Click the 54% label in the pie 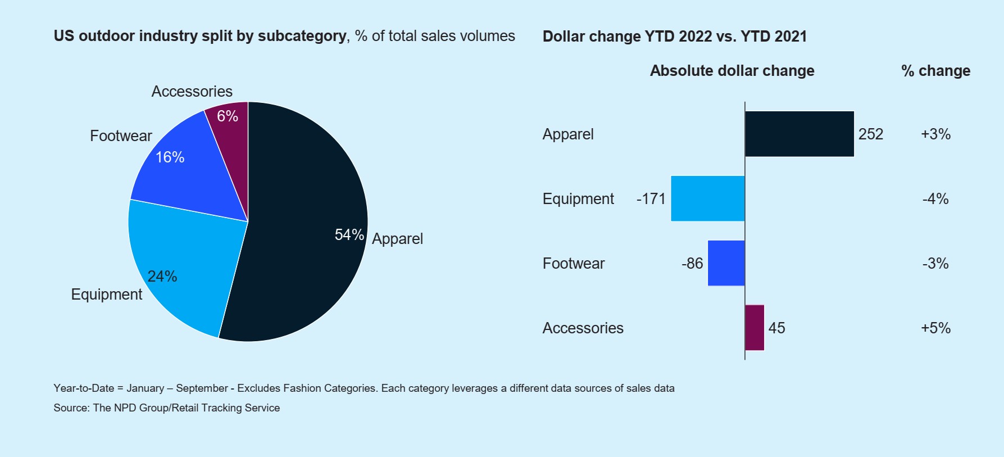click(x=349, y=235)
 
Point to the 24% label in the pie click(x=162, y=277)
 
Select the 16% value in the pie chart click(x=170, y=157)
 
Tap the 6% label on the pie click(x=228, y=116)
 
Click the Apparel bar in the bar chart click(x=799, y=134)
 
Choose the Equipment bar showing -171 click(x=707, y=198)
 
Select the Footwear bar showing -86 click(x=726, y=263)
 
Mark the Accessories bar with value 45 click(x=755, y=328)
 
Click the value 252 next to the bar click(x=871, y=134)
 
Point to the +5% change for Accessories click(x=935, y=328)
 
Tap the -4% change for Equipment click(x=935, y=199)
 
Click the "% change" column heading click(x=935, y=71)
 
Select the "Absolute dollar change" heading click(x=732, y=71)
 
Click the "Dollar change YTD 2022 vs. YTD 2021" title click(x=674, y=37)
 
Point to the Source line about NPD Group click(x=166, y=408)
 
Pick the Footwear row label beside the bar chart click(x=573, y=264)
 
